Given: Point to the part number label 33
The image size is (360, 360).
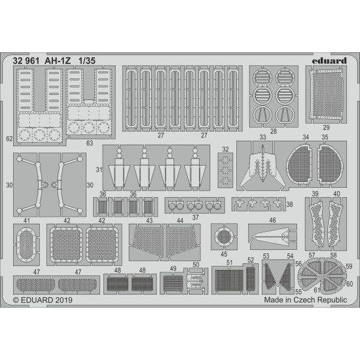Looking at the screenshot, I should pyautogui.click(x=262, y=137).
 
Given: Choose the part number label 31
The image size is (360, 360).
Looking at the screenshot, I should pyautogui.click(x=98, y=171).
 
